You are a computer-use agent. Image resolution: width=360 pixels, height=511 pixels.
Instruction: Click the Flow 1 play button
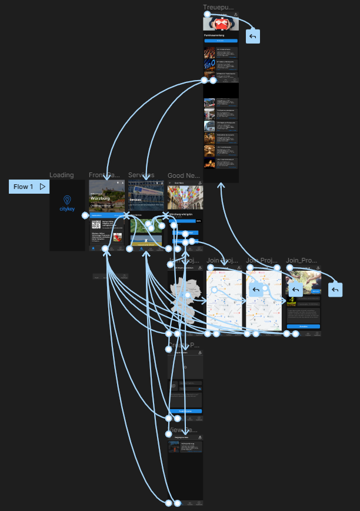[x=42, y=187]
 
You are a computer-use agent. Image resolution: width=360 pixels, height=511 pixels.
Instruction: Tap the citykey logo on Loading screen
[x=67, y=204]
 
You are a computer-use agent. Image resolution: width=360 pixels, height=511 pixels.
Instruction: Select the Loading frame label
[x=62, y=175]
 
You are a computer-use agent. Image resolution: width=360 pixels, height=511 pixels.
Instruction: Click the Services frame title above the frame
[x=141, y=175]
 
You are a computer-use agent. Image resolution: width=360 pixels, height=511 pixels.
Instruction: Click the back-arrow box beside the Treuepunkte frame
[x=253, y=36]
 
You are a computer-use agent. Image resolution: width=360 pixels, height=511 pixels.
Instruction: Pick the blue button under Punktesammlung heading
[x=221, y=41]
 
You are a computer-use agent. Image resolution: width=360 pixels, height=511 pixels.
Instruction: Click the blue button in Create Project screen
[x=185, y=410]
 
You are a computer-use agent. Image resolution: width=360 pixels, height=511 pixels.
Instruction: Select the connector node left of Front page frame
[x=85, y=215]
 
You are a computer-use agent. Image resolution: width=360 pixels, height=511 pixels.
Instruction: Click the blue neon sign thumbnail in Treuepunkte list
[x=209, y=64]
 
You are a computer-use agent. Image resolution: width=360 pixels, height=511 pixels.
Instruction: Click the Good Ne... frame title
[x=184, y=175]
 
